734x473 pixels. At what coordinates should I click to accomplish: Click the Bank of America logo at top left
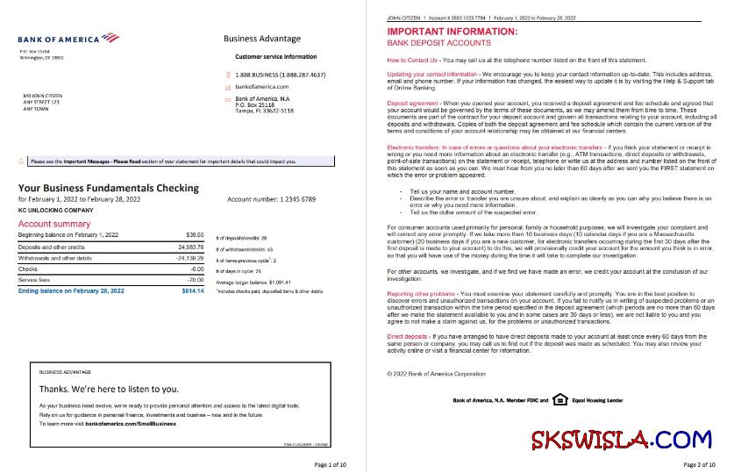(x=68, y=38)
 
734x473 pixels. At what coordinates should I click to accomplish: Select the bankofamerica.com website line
(x=262, y=87)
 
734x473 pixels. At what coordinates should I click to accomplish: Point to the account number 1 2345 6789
(x=271, y=200)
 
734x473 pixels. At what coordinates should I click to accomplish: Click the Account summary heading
(x=53, y=224)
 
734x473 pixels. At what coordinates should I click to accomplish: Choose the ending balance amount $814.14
(x=192, y=290)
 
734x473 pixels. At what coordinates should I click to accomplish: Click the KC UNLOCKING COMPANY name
(x=54, y=211)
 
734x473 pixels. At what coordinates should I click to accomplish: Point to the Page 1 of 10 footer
(x=332, y=463)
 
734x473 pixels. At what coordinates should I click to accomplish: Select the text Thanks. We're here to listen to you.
(x=110, y=388)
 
